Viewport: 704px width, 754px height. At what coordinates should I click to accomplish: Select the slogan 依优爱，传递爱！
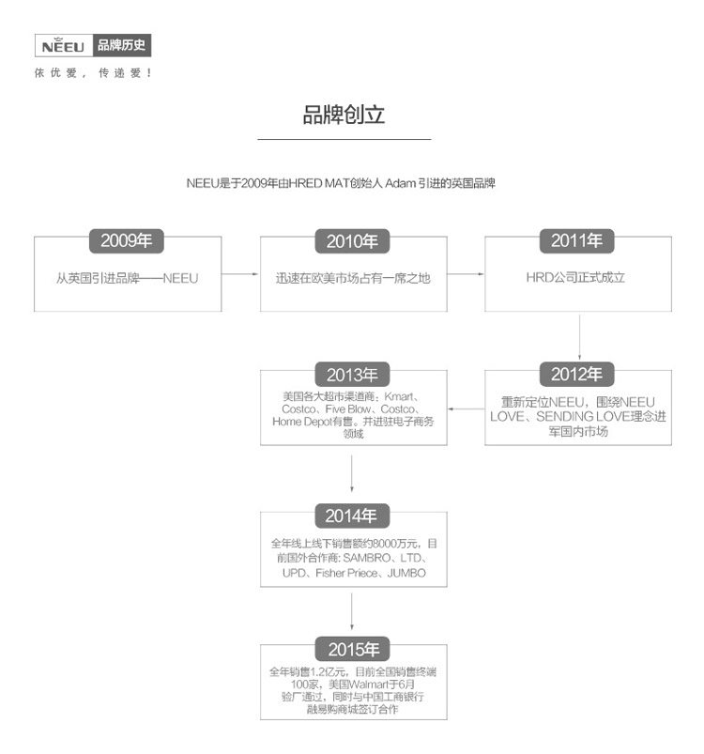coord(93,73)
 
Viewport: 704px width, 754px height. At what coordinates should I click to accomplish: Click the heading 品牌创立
coord(344,115)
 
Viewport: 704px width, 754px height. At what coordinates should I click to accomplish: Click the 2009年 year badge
coord(127,241)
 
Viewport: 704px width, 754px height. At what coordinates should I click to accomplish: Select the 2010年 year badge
coord(353,241)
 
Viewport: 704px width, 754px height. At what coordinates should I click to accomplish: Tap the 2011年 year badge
coord(577,241)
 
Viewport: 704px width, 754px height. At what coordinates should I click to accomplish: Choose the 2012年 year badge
coord(577,375)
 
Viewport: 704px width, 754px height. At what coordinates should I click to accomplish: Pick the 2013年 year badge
coord(353,375)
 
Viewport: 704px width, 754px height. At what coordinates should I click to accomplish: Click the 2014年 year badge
coord(351,515)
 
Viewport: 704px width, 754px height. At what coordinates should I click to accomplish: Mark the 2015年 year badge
coord(353,649)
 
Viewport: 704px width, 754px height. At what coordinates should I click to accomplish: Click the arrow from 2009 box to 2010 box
coord(240,274)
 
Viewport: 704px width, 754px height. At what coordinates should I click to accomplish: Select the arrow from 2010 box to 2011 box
coord(466,274)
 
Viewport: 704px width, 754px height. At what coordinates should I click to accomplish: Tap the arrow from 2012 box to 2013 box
coord(466,408)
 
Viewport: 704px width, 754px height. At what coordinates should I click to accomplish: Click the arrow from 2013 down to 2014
coord(352,474)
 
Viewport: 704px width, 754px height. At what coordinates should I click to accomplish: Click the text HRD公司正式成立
coord(575,278)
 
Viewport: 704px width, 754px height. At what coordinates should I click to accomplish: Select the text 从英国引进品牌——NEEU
coord(127,278)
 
